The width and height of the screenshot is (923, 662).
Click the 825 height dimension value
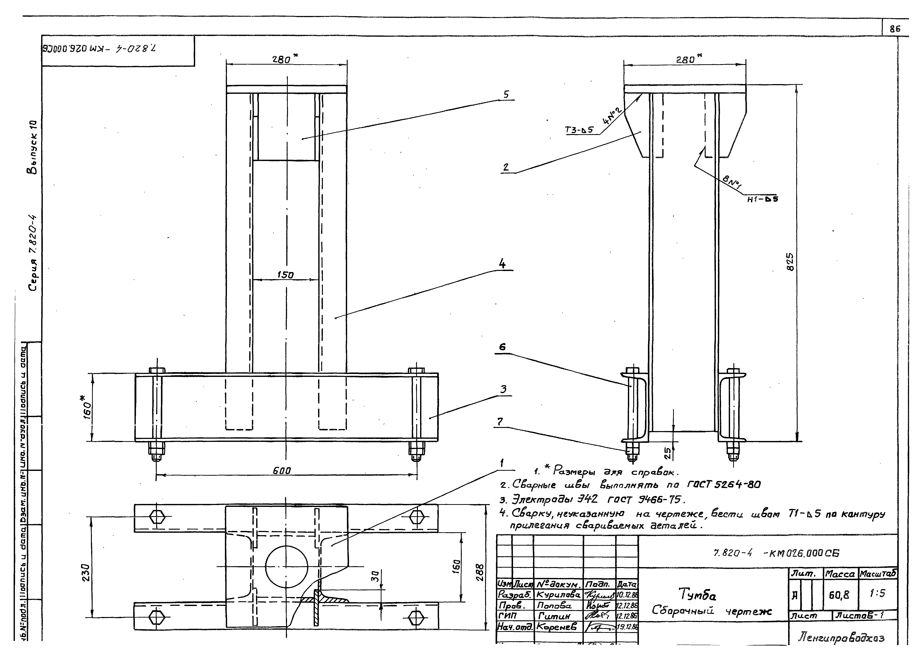pyautogui.click(x=790, y=262)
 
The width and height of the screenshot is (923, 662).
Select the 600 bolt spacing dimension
pyautogui.click(x=282, y=471)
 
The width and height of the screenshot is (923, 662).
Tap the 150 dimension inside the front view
pyautogui.click(x=285, y=275)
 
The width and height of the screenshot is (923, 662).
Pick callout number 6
pyautogui.click(x=502, y=347)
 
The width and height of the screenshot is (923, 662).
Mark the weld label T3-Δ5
pyautogui.click(x=579, y=130)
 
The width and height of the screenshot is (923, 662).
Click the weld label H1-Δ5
pyautogui.click(x=762, y=199)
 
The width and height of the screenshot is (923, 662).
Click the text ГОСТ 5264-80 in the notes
pyautogui.click(x=724, y=484)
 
